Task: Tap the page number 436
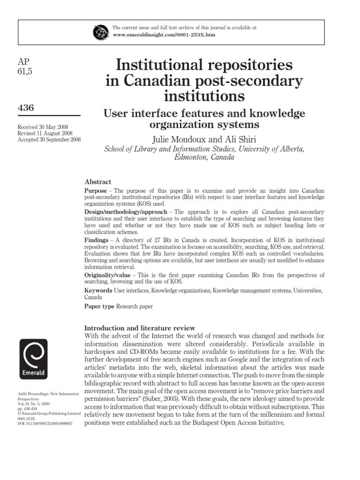(25, 108)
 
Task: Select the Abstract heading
(98, 181)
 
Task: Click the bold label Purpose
(96, 191)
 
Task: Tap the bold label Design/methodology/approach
(125, 212)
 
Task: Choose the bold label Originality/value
(106, 275)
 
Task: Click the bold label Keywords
(98, 291)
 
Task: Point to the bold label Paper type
(99, 307)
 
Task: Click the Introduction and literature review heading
(139, 328)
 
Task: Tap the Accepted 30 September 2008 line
(49, 139)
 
